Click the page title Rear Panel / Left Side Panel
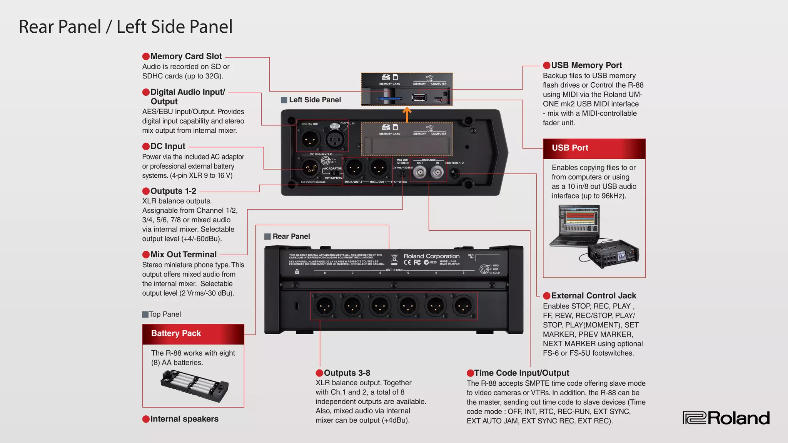pyautogui.click(x=125, y=27)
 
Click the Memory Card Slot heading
pyautogui.click(x=186, y=56)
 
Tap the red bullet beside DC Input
pyautogui.click(x=146, y=147)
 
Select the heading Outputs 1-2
pyautogui.click(x=173, y=191)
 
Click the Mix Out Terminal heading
pyautogui.click(x=183, y=255)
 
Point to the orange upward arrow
pyautogui.click(x=407, y=115)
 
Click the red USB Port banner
pyautogui.click(x=594, y=148)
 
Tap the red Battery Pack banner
pyautogui.click(x=193, y=334)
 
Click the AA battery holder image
pyautogui.click(x=194, y=386)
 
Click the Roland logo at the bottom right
pyautogui.click(x=726, y=418)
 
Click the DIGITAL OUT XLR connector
pyautogui.click(x=310, y=139)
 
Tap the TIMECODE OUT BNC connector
pyautogui.click(x=420, y=173)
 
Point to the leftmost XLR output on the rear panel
pyautogui.click(x=324, y=306)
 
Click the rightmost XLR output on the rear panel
pyautogui.click(x=463, y=306)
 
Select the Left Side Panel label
pyautogui.click(x=314, y=100)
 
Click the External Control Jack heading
pyautogui.click(x=593, y=296)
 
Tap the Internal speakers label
pyautogui.click(x=184, y=419)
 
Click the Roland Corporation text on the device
pyautogui.click(x=431, y=256)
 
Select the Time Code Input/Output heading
pyautogui.click(x=521, y=373)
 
